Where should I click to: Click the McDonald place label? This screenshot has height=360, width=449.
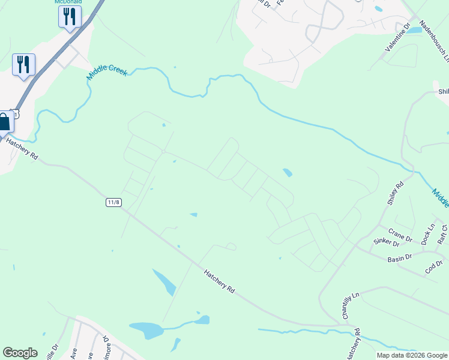[68, 2]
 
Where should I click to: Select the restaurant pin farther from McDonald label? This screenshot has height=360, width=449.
[23, 65]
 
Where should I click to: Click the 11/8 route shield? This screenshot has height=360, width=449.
[113, 202]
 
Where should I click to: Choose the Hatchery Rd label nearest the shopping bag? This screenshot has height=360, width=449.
[22, 148]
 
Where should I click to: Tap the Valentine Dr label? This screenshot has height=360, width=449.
[398, 37]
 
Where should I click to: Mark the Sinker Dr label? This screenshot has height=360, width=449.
[387, 242]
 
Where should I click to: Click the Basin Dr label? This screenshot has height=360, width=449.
[399, 257]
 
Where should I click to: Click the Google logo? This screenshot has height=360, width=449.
[20, 353]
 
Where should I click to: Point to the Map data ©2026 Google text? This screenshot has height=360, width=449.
[411, 355]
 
